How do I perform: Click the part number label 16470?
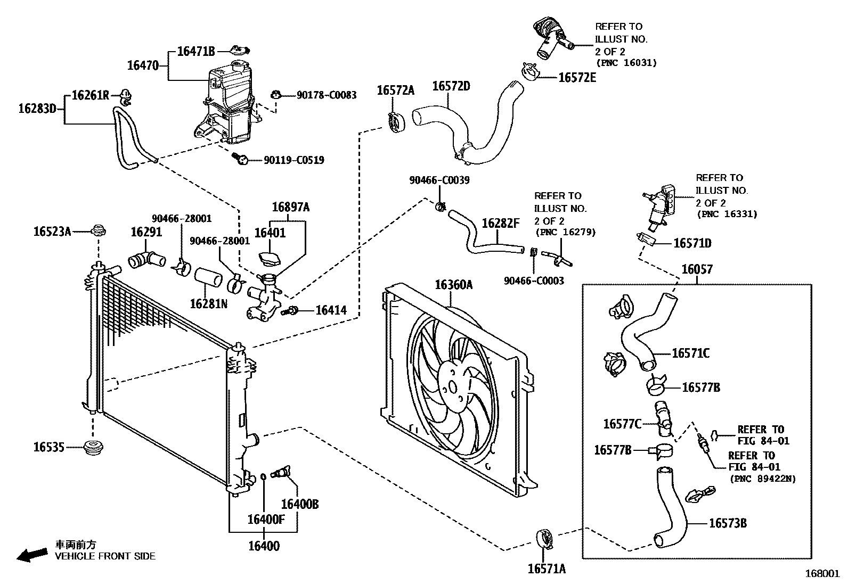point(143,65)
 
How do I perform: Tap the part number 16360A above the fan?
point(453,285)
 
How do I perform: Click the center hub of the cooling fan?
point(452,388)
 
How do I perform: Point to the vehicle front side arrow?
point(31,555)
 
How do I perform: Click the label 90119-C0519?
point(293,160)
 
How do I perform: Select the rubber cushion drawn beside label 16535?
point(94,448)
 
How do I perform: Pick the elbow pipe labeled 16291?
point(147,259)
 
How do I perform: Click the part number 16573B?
point(727,523)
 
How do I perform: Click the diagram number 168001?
point(822,574)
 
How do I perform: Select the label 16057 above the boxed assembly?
point(697,269)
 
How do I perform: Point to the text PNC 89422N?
point(762,479)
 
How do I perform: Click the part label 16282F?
point(500,223)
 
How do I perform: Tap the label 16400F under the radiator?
point(266,519)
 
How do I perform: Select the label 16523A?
point(52,231)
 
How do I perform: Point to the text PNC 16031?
point(626,63)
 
